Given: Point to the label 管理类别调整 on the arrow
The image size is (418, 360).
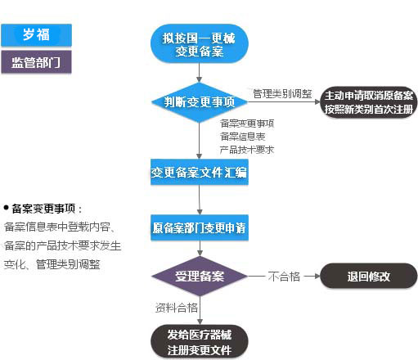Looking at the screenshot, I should tap(281, 92).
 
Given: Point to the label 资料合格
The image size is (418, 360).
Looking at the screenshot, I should tap(176, 308).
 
